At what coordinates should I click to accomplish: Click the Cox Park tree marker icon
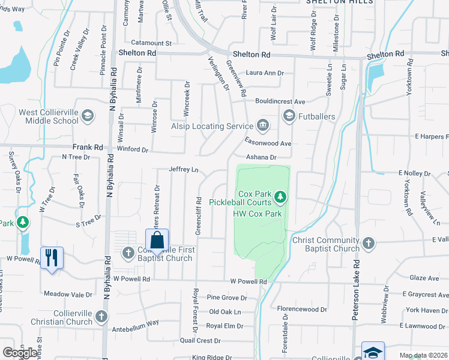[x=280, y=197]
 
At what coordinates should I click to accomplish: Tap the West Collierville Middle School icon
[x=87, y=116]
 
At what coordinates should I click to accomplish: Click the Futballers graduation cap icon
[x=289, y=116]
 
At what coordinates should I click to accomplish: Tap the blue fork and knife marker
[x=52, y=259]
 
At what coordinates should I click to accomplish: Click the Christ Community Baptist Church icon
[x=369, y=244]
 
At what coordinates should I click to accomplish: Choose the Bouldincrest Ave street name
[x=280, y=101]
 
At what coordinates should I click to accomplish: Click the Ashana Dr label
[x=261, y=157]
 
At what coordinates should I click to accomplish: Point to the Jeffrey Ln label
[x=184, y=170]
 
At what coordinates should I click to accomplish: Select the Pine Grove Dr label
[x=227, y=298]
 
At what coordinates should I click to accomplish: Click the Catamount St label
[x=152, y=43]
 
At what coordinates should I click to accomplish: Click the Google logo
[x=20, y=352]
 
